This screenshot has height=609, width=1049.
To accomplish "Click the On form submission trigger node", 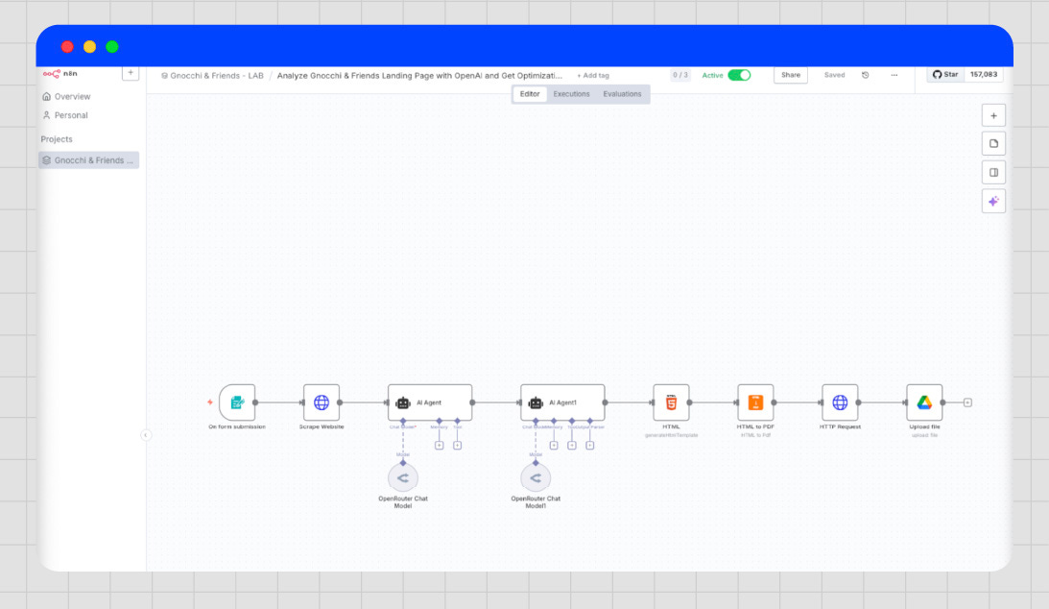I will [237, 402].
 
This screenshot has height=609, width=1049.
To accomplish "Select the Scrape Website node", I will [322, 402].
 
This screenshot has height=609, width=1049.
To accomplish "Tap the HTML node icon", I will [671, 402].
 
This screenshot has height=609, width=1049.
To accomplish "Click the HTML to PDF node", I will [755, 402].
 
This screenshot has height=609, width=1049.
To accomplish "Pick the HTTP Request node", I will [840, 402].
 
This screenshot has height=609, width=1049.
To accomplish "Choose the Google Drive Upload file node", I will [924, 402].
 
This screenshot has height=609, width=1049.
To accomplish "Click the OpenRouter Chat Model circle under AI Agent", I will [403, 477].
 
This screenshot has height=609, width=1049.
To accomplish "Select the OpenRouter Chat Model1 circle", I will [536, 477].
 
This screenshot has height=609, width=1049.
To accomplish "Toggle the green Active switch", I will [739, 75].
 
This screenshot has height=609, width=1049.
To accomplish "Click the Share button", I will [791, 75].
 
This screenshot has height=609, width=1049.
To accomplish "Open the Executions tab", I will [571, 94].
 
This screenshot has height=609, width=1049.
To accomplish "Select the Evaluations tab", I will [622, 94].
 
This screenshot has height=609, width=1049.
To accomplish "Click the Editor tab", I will [530, 94].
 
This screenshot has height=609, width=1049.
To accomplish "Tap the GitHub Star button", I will [945, 74].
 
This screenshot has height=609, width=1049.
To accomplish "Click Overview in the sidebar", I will [72, 97].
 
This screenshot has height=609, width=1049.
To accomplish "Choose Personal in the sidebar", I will [70, 115].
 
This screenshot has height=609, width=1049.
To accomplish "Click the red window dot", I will [67, 46].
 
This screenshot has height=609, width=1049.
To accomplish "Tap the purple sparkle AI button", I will [993, 201].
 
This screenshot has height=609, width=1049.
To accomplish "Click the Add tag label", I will [593, 75].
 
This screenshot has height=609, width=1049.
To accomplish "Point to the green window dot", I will [112, 46].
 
